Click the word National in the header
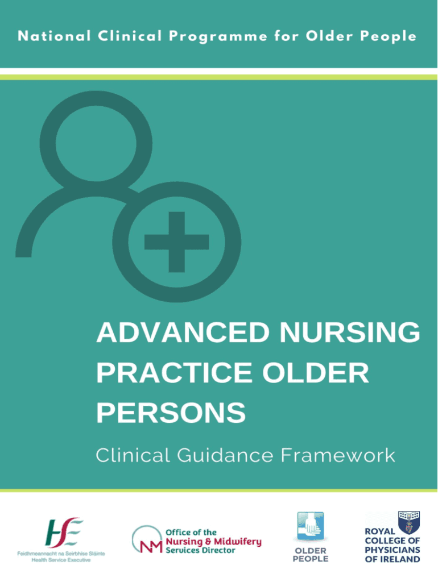tap(54, 36)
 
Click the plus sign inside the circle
tap(176, 242)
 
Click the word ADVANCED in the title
tap(183, 332)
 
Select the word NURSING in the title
tap(350, 332)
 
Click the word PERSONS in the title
tap(171, 413)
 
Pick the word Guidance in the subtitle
tap(225, 455)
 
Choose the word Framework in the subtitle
tap(338, 455)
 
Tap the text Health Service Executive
tap(61, 560)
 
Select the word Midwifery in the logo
tap(237, 542)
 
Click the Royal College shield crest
tap(409, 522)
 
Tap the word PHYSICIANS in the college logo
tap(392, 550)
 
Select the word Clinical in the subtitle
tap(133, 455)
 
